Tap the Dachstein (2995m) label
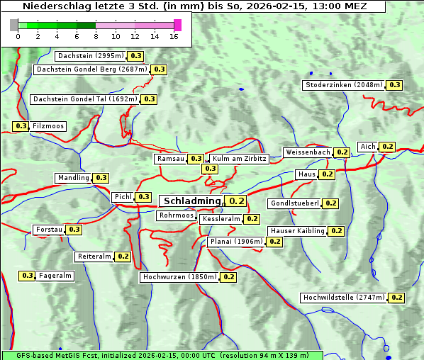(90, 56)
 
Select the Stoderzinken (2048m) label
(343, 85)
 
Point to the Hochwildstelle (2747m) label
(343, 298)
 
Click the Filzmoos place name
(48, 126)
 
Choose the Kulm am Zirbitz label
(239, 159)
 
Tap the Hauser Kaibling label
(297, 231)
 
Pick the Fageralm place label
(55, 276)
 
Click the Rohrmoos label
(176, 215)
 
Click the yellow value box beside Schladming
(237, 201)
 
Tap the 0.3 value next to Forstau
(74, 230)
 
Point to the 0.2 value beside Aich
(387, 147)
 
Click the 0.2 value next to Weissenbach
(342, 152)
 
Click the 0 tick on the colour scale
(18, 35)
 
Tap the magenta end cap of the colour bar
(177, 25)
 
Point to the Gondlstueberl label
(294, 203)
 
